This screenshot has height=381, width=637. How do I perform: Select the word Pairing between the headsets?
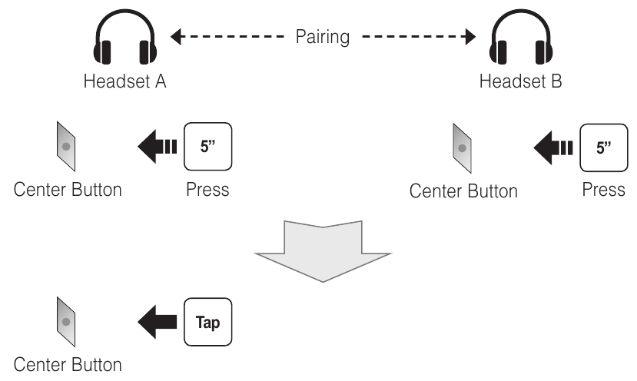[323, 37]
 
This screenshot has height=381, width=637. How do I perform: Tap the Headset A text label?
[124, 81]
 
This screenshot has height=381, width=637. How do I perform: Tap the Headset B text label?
[521, 81]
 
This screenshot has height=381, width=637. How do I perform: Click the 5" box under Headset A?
[208, 146]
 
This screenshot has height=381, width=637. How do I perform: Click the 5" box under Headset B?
[604, 147]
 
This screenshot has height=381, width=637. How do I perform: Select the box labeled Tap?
[208, 322]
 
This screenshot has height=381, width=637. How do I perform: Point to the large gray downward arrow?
[323, 251]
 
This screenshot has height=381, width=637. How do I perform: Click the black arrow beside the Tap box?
[158, 322]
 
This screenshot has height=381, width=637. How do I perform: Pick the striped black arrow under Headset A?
[158, 146]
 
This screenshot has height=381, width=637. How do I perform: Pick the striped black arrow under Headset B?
[553, 147]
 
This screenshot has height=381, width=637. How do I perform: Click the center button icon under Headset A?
[66, 146]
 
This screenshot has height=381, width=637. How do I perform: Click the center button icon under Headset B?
[462, 148]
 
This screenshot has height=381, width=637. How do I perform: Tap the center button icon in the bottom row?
[66, 322]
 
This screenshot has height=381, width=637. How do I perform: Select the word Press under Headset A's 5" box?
[207, 190]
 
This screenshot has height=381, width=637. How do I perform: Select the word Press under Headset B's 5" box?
[604, 190]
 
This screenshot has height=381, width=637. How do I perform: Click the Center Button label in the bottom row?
[68, 365]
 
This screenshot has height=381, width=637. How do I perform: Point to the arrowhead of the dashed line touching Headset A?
[175, 37]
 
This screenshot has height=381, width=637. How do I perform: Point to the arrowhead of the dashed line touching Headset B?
[470, 37]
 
